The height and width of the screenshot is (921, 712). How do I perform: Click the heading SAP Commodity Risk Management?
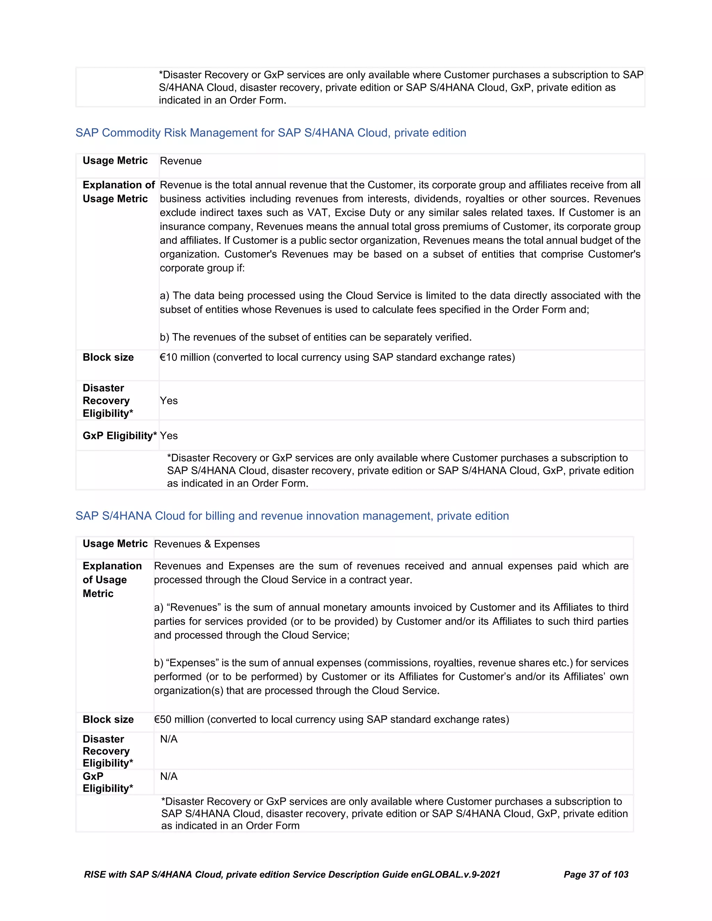tap(270, 133)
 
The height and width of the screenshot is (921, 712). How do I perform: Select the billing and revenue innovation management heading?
tap(292, 516)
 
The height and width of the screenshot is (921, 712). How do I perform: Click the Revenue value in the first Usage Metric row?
tap(180, 161)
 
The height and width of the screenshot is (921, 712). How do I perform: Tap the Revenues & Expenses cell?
tap(207, 544)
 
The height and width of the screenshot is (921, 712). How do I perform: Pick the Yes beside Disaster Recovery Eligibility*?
tap(169, 401)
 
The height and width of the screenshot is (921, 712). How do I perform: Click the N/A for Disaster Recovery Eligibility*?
tap(169, 739)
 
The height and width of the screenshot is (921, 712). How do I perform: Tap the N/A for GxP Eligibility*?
tap(169, 776)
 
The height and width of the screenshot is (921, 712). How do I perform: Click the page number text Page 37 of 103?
tap(596, 875)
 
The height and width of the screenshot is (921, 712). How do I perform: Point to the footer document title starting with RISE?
tap(292, 875)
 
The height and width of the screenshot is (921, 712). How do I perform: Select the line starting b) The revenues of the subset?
tap(316, 337)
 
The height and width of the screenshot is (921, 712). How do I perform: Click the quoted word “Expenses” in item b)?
tap(192, 663)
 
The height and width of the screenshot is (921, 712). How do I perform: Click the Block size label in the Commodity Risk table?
tap(108, 358)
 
